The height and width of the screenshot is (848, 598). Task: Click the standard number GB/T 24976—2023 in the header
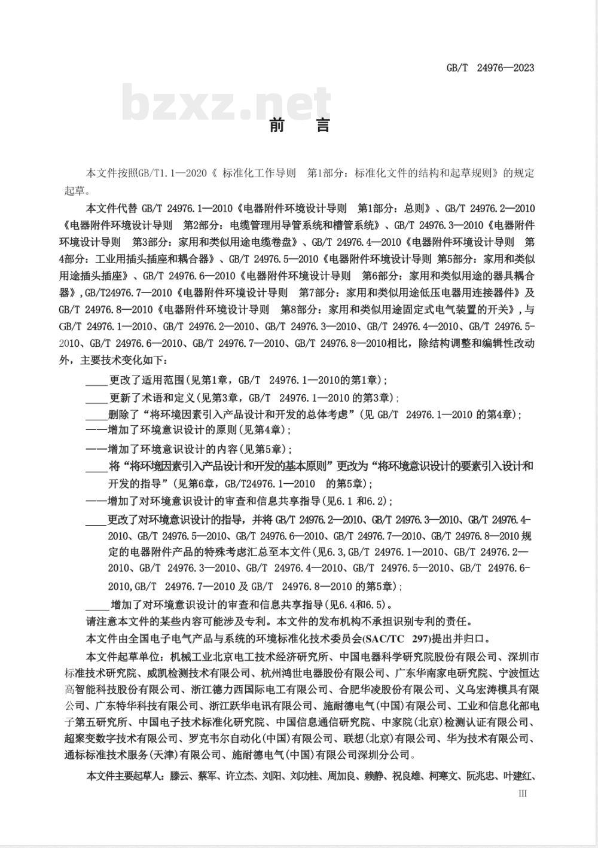490,68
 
